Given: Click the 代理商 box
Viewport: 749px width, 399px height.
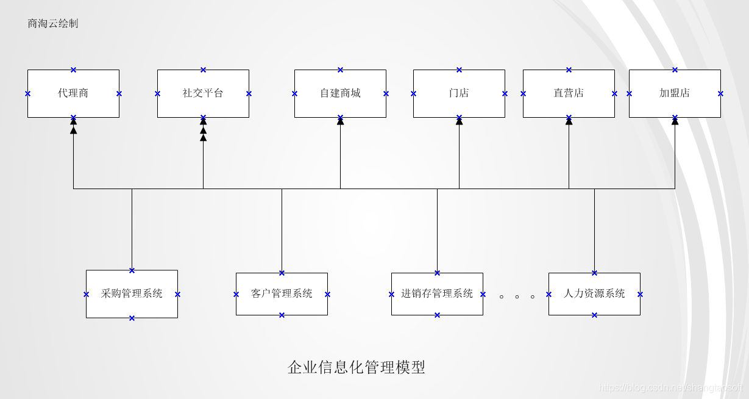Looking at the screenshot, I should (x=73, y=93).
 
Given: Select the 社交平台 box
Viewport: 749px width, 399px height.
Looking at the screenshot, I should (x=203, y=93).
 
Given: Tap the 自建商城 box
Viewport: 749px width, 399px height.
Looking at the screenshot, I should (x=340, y=93).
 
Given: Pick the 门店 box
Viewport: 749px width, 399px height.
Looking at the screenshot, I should (x=459, y=93).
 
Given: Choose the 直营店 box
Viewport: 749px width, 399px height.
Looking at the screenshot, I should (x=569, y=93).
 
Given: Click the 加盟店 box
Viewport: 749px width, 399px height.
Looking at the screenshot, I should (x=675, y=93).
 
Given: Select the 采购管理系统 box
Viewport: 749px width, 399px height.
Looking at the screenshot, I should (x=132, y=294).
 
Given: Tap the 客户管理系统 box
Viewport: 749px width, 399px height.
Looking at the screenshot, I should (x=282, y=294).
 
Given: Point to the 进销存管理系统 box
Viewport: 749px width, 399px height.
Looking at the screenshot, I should (x=437, y=294).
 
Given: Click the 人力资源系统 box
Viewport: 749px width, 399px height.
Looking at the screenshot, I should (x=594, y=294).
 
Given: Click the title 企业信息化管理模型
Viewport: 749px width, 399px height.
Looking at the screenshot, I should (x=356, y=367).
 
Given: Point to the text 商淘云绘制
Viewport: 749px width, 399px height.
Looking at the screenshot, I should (x=53, y=24).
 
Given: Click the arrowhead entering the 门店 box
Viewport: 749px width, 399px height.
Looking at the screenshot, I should (x=459, y=121).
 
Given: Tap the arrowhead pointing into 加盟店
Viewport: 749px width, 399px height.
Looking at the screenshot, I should (x=675, y=121).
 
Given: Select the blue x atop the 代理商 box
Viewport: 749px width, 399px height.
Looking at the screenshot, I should (x=73, y=70).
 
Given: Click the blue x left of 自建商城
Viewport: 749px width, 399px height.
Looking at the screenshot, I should (x=294, y=93).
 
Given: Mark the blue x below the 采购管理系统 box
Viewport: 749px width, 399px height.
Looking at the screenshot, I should (x=132, y=318).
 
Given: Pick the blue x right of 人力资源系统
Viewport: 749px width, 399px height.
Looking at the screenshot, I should (x=640, y=294).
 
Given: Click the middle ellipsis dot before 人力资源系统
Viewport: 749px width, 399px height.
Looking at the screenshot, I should (x=517, y=297).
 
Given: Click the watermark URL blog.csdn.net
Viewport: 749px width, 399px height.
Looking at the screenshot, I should (x=670, y=387).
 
